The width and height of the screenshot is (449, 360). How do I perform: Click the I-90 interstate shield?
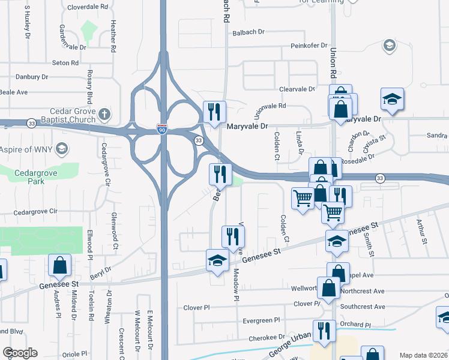(162, 129)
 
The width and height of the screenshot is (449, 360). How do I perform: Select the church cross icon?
(104, 113)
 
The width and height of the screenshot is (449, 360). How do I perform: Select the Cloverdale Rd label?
(88, 7)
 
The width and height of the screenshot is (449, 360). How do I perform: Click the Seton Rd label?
(65, 63)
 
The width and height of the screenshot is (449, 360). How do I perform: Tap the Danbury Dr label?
(32, 77)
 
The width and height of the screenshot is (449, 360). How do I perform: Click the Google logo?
(20, 353)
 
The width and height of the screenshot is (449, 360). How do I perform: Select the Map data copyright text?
(423, 355)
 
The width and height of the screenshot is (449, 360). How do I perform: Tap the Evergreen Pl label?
(261, 321)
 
